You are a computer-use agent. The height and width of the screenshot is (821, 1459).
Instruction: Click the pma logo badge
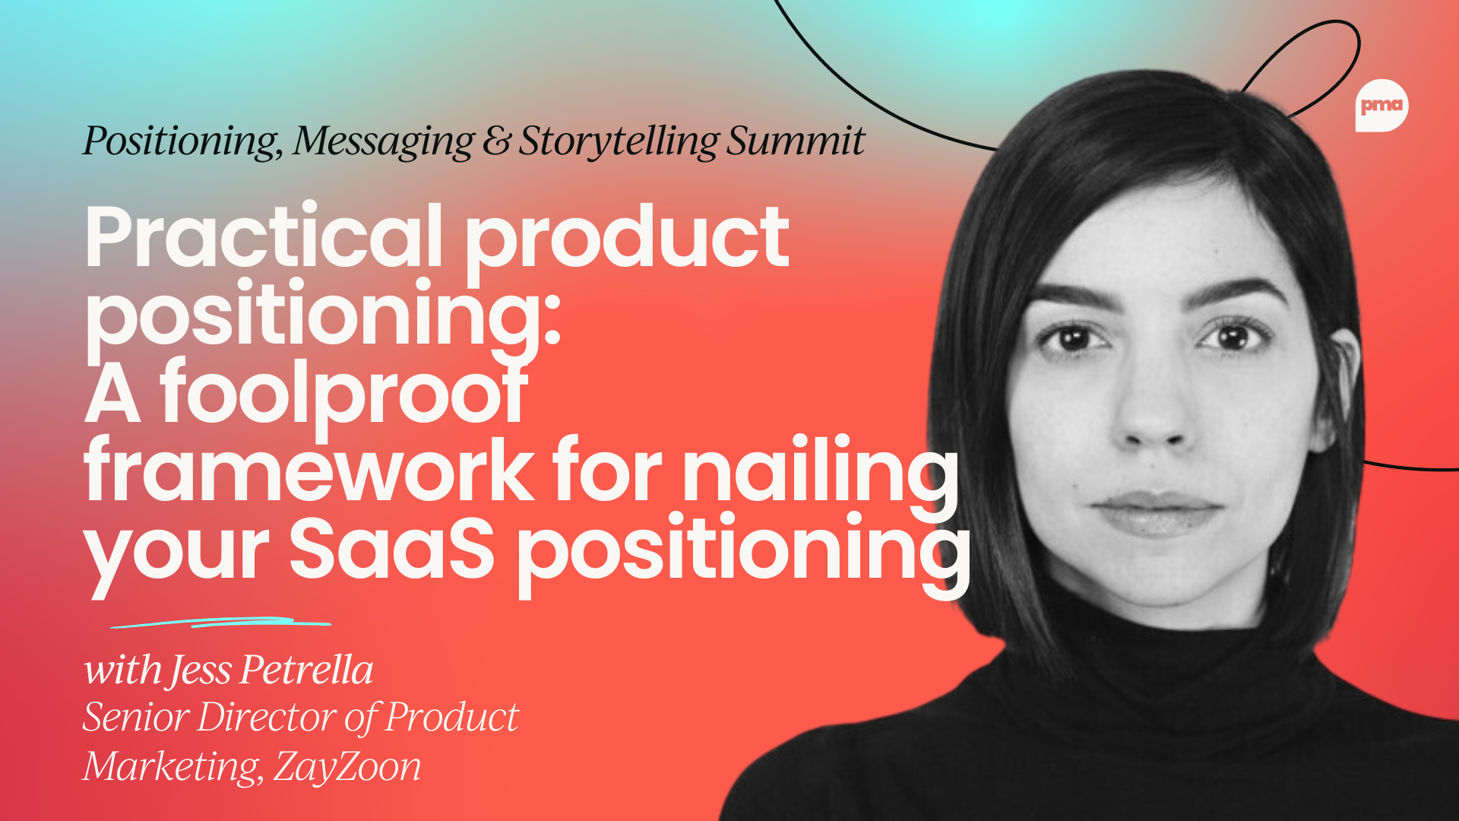(x=1381, y=106)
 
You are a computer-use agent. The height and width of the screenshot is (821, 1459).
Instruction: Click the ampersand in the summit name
(x=496, y=142)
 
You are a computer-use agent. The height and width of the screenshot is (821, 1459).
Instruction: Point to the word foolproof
(x=343, y=394)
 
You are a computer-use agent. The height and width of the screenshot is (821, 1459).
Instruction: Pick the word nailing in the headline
(x=821, y=471)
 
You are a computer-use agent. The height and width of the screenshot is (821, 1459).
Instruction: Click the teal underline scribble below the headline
(x=220, y=623)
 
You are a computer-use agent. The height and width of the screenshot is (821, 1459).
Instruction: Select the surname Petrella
(x=307, y=670)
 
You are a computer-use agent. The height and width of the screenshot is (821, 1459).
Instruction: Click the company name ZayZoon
(x=347, y=766)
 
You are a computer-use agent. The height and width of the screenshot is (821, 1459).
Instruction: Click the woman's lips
(x=1157, y=512)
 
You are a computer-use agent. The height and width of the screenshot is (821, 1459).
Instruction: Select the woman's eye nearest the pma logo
(x=1233, y=336)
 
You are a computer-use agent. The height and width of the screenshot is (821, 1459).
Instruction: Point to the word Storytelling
(x=618, y=142)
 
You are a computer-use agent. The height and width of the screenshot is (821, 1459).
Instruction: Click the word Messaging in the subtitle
(x=384, y=142)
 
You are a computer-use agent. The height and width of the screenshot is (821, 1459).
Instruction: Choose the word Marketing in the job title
(x=171, y=766)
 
